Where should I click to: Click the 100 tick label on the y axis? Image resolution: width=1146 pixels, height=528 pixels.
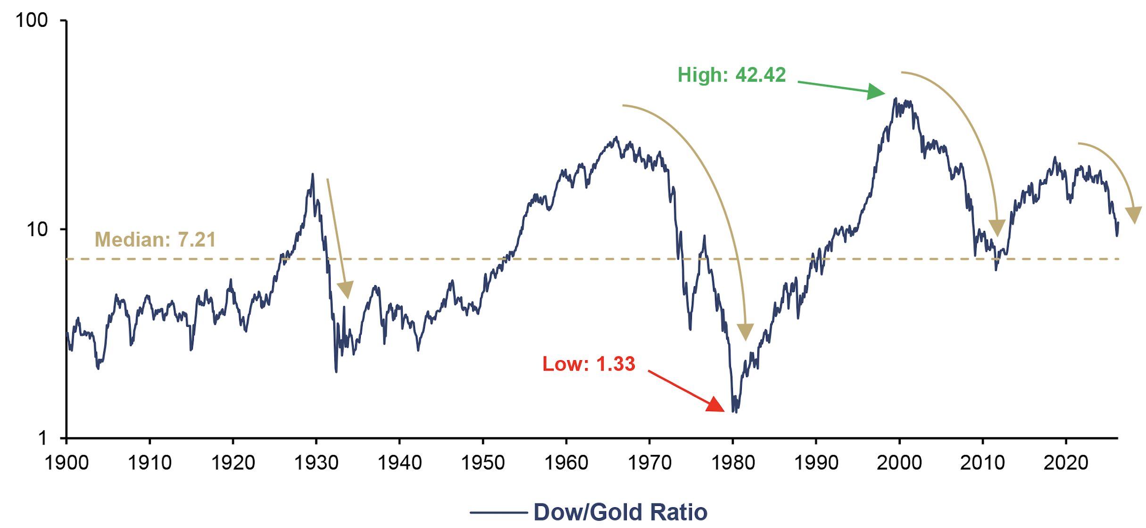click(32, 20)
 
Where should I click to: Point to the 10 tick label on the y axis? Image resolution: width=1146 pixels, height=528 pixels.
click(37, 230)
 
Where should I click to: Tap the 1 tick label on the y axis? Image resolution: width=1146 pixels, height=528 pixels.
click(43, 438)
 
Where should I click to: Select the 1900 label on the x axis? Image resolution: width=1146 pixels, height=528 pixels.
click(66, 462)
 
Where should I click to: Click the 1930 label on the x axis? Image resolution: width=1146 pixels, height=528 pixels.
click(316, 462)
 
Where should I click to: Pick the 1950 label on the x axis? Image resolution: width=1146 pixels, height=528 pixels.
click(482, 462)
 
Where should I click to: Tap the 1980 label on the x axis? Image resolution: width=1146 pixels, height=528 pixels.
click(733, 462)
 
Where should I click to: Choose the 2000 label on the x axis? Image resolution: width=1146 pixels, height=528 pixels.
click(899, 462)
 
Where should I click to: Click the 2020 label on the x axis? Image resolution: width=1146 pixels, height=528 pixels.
click(1066, 462)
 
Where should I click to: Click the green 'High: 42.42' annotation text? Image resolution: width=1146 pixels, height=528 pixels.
click(731, 75)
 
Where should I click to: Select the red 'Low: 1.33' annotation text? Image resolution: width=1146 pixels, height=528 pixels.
click(589, 364)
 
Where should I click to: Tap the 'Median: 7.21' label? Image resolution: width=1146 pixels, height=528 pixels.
click(155, 239)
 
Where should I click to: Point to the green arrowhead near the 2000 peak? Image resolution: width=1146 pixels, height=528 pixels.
click(876, 91)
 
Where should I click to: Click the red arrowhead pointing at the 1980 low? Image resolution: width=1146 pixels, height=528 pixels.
click(715, 404)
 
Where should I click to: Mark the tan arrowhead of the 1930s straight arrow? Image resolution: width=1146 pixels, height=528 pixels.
click(346, 289)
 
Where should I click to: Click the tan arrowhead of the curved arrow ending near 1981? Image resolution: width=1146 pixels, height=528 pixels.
click(745, 331)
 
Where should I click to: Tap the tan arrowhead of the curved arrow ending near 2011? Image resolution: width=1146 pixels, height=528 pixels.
click(997, 228)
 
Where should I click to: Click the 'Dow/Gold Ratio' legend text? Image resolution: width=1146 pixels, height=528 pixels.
click(620, 512)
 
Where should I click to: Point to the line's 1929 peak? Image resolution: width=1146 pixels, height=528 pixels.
click(312, 174)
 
